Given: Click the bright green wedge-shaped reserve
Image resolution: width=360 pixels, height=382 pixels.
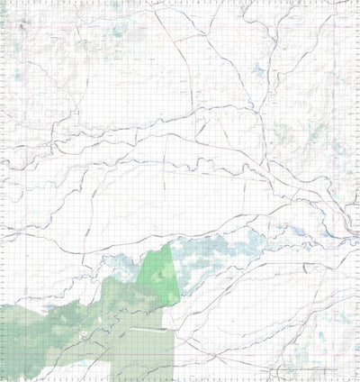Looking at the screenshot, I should (159, 276).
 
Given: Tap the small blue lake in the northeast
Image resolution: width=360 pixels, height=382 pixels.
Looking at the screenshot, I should (259, 69).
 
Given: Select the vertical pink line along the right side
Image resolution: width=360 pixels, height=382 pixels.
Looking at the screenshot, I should (334, 135).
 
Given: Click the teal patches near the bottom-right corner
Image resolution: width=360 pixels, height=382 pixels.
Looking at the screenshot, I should (340, 320).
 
